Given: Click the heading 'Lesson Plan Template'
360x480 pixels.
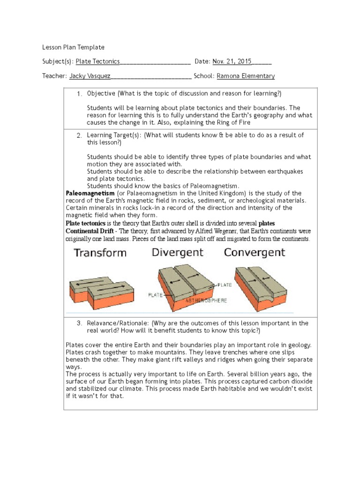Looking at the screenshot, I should (x=73, y=47).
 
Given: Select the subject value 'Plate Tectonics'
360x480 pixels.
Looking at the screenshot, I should (x=97, y=61).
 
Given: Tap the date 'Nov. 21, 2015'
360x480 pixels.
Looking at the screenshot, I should (x=232, y=61).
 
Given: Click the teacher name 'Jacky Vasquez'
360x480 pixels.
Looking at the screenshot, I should (x=89, y=76).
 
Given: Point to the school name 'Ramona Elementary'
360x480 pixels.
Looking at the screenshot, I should (x=246, y=76).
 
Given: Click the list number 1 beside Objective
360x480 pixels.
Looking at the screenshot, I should (x=79, y=94).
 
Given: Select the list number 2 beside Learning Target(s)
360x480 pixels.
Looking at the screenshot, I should (x=79, y=135).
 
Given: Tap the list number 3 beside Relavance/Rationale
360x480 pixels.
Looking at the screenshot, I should (x=79, y=323).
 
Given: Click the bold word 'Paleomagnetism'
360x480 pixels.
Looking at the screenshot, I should (x=90, y=193).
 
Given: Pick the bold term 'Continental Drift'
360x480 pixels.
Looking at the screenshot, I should (x=91, y=231).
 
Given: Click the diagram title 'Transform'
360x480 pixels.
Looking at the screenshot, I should (x=100, y=253).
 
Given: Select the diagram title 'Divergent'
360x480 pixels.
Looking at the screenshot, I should (x=177, y=253).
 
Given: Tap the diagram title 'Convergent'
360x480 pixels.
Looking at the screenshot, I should (x=254, y=253).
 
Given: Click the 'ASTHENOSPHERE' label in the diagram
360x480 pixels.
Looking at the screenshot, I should (x=206, y=300).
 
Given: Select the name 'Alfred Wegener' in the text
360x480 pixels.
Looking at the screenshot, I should (x=222, y=231).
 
